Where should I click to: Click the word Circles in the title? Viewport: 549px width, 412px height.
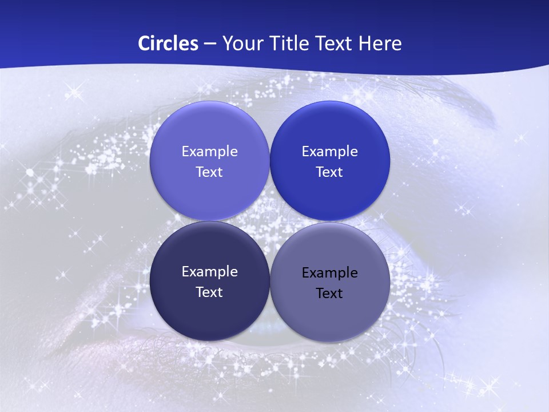click(168, 43)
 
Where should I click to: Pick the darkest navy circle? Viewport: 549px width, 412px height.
click(209, 312)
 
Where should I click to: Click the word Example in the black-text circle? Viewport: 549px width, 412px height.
click(329, 273)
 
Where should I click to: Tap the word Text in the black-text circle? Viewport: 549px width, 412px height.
click(329, 294)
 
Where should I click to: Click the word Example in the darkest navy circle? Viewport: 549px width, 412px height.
click(209, 272)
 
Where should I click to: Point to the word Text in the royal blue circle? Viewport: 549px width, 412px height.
click(329, 172)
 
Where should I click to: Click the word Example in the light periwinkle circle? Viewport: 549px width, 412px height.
click(209, 152)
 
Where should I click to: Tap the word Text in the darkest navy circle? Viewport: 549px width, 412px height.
click(209, 292)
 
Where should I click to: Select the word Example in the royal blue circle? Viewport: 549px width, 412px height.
click(329, 152)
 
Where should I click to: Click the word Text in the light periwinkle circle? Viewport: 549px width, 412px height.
click(209, 172)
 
